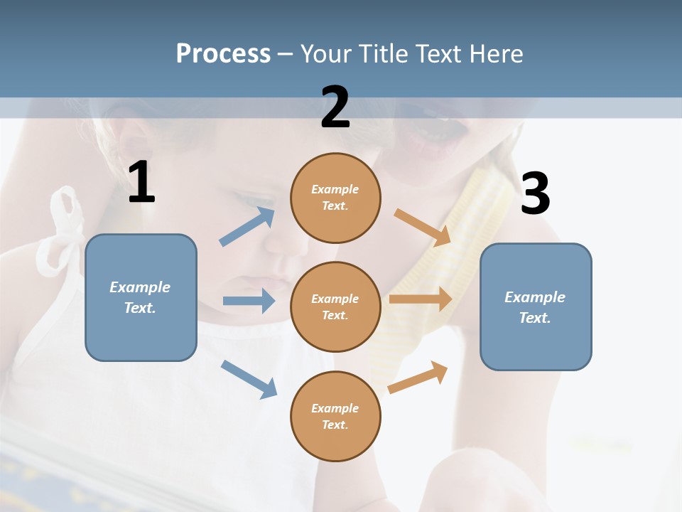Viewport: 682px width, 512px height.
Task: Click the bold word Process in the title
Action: (x=223, y=54)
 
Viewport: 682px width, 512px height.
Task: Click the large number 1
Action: (x=141, y=183)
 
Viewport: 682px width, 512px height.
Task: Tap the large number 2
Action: (x=335, y=107)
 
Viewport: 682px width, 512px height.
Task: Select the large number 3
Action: (x=535, y=193)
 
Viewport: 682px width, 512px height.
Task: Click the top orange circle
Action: (x=335, y=198)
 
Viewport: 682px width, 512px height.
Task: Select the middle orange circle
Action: (x=335, y=306)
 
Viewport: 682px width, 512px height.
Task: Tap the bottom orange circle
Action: (x=335, y=416)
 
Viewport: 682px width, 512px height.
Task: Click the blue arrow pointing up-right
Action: (x=247, y=227)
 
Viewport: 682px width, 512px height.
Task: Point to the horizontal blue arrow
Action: (x=249, y=301)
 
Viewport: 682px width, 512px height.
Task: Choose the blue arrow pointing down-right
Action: (x=249, y=378)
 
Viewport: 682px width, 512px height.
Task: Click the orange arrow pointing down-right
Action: (x=423, y=227)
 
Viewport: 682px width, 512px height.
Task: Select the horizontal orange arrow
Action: (x=421, y=299)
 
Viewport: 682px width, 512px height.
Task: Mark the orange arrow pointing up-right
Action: (x=418, y=377)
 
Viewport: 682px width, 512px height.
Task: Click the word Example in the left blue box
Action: (x=140, y=287)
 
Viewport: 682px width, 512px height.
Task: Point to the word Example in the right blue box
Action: (x=535, y=297)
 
